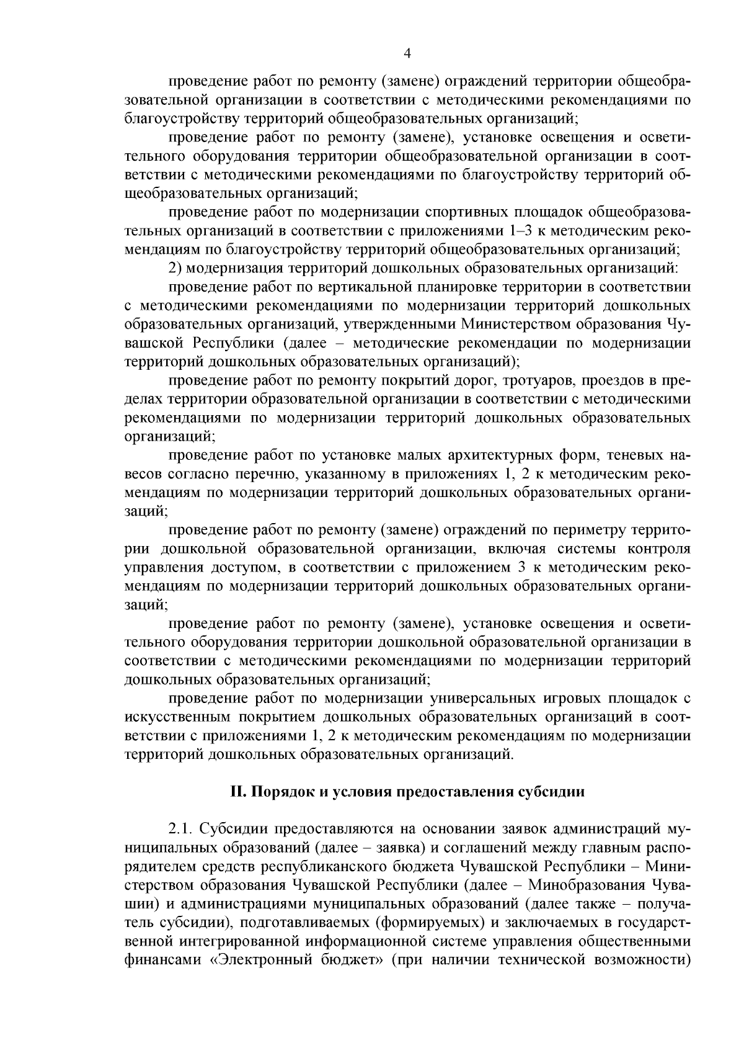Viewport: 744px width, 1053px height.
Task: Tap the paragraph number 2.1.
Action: pos(180,829)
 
